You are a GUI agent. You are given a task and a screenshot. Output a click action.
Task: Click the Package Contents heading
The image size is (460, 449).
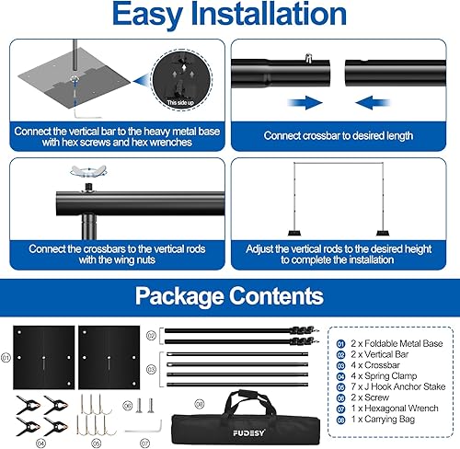[x=229, y=295]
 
